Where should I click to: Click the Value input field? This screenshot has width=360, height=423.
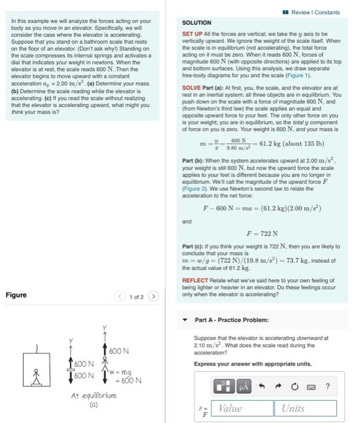click(x=239, y=408)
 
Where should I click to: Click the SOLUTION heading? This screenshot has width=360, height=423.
click(x=196, y=22)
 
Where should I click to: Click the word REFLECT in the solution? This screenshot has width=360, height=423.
click(x=195, y=280)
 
